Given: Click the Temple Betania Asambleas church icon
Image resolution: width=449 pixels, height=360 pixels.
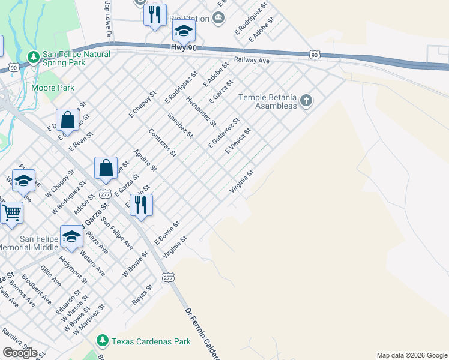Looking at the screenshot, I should click(306, 100).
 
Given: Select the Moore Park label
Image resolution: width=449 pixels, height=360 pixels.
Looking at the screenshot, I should click(53, 88).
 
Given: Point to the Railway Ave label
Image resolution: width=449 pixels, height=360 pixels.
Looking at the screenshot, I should click(252, 61).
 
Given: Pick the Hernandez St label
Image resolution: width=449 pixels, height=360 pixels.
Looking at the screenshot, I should click(201, 111).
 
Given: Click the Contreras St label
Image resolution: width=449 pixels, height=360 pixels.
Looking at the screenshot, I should click(163, 143).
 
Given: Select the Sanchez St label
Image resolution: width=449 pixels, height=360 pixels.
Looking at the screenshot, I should click(180, 125).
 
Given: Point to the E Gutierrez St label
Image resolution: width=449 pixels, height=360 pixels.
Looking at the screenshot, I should click(223, 133).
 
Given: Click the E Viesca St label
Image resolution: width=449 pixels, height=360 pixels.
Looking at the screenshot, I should click(238, 141).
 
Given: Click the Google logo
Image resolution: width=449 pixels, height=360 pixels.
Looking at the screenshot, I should click(20, 353).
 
